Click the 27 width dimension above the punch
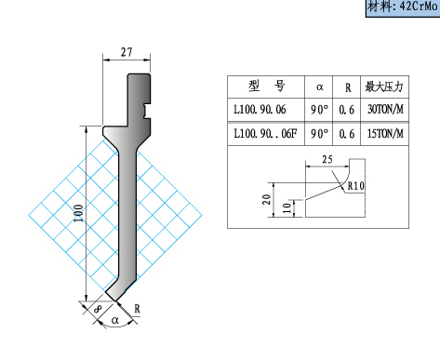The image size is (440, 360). pyautogui.click(x=127, y=52)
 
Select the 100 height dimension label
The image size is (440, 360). pyautogui.click(x=79, y=213)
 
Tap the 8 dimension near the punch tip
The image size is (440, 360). pyautogui.click(x=98, y=309)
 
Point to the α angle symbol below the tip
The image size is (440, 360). pyautogui.click(x=115, y=320)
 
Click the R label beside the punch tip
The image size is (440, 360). pyautogui.click(x=137, y=309)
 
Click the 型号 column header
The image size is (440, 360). pyautogui.click(x=267, y=87)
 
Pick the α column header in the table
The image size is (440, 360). pyautogui.click(x=319, y=87)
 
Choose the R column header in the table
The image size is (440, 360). pyautogui.click(x=348, y=87)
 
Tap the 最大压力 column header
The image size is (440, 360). pyautogui.click(x=384, y=87)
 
